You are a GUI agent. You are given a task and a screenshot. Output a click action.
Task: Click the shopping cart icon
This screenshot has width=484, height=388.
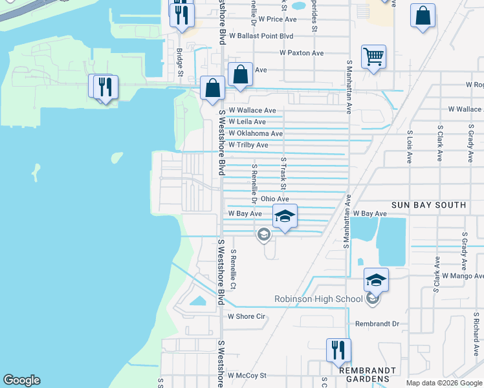click(373, 57)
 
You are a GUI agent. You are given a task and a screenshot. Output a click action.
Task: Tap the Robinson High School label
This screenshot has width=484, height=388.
click(318, 299)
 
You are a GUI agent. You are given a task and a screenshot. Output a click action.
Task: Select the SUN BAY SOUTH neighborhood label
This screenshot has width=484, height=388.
click(428, 205)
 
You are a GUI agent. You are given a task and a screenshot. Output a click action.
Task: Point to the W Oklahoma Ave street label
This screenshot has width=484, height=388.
click(256, 134)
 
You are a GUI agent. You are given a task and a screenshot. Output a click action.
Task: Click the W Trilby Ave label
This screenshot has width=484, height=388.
click(248, 145)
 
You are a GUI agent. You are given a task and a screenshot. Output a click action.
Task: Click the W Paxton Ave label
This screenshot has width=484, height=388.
click(302, 53)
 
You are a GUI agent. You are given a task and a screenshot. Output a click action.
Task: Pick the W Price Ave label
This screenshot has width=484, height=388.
click(277, 19)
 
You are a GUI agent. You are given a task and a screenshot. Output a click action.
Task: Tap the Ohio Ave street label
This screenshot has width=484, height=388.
click(274, 199)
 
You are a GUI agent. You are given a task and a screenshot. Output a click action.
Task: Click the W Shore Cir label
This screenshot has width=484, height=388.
click(247, 316)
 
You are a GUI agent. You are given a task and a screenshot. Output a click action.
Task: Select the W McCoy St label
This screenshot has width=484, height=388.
click(247, 375)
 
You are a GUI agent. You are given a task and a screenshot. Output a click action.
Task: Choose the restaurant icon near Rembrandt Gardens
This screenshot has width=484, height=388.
click(338, 350)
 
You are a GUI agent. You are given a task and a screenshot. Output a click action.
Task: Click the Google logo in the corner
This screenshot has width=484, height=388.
click(21, 380)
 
